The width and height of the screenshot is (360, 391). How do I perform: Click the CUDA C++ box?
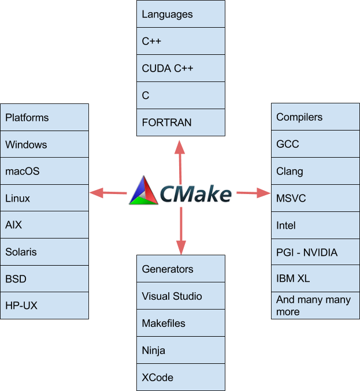(180, 68)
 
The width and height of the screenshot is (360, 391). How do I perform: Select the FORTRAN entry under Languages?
(180, 122)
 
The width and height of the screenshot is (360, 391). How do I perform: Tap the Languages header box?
(180, 14)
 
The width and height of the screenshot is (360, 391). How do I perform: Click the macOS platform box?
(46, 172)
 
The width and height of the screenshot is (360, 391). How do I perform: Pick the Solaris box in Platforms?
(46, 252)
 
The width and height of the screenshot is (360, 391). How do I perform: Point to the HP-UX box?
(46, 306)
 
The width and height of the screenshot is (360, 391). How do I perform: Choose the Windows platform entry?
(46, 144)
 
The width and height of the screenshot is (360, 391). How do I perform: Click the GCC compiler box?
(315, 144)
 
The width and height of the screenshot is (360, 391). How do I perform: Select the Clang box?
(315, 171)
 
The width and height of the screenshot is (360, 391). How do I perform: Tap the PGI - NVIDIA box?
(315, 252)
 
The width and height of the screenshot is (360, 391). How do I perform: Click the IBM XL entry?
(315, 278)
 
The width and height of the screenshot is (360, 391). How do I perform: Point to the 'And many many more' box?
(315, 306)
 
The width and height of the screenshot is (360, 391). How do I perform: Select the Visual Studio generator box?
(180, 296)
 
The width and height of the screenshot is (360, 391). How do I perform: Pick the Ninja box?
(180, 350)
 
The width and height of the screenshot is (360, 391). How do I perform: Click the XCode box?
(180, 377)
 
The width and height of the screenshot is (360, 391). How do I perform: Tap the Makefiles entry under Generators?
(180, 323)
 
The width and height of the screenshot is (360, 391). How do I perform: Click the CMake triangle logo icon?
(143, 191)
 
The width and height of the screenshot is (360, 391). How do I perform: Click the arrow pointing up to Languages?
(180, 156)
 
